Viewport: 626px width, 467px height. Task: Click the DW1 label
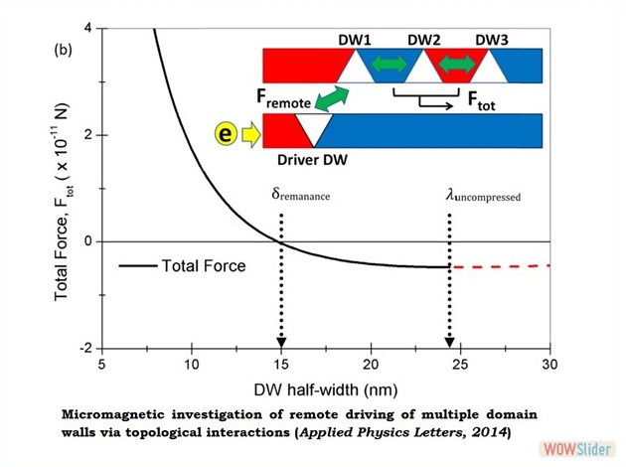pos(355,40)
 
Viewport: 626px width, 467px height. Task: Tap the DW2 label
pos(425,40)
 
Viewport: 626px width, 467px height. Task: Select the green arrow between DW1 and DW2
pos(389,66)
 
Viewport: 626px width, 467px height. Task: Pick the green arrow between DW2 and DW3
pos(458,66)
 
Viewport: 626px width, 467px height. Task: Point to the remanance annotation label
pos(300,196)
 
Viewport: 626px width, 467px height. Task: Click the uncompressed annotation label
pos(483,196)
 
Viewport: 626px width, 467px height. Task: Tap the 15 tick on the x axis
pos(282,364)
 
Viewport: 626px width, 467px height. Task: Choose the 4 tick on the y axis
pos(89,28)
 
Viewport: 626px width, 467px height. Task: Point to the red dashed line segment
pos(502,266)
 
